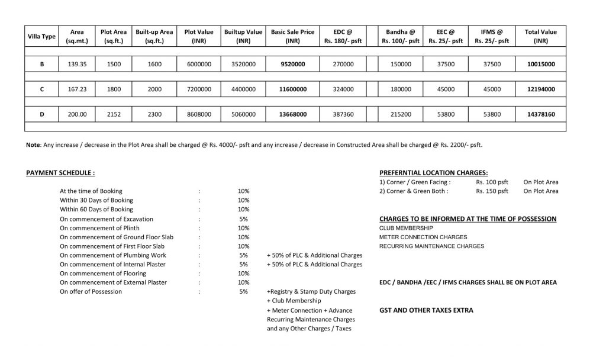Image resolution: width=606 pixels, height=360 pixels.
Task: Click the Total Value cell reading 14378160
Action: [541, 114]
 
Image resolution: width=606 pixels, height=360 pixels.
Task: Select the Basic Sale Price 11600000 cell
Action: [292, 89]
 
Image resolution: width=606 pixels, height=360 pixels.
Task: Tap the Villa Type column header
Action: [41, 37]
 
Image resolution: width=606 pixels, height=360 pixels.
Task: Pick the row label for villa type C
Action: [41, 89]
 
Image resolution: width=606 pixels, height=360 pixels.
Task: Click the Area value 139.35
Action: [77, 64]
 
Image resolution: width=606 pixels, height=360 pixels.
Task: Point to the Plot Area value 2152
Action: [114, 114]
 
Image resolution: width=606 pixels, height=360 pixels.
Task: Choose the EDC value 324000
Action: [343, 89]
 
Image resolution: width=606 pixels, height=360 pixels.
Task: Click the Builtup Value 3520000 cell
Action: [243, 64]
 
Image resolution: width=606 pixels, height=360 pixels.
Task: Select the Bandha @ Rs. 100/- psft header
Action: [401, 37]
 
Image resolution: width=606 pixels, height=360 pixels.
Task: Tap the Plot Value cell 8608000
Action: [199, 114]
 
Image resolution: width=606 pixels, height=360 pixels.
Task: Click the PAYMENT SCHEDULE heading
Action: [60, 173]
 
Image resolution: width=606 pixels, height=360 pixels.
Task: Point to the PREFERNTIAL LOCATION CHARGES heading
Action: [433, 173]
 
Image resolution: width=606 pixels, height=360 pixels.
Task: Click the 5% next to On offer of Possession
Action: [243, 292]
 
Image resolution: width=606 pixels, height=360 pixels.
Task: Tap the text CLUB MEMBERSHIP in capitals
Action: [406, 228]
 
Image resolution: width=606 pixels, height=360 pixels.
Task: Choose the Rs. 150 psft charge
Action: [492, 191]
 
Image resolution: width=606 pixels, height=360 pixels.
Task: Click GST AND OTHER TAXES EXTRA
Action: [426, 310]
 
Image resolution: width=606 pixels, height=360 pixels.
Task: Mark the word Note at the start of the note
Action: [33, 144]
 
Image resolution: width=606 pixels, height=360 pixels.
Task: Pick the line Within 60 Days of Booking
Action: [96, 210]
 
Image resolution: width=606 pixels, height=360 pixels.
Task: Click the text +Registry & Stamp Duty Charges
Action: [311, 292]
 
